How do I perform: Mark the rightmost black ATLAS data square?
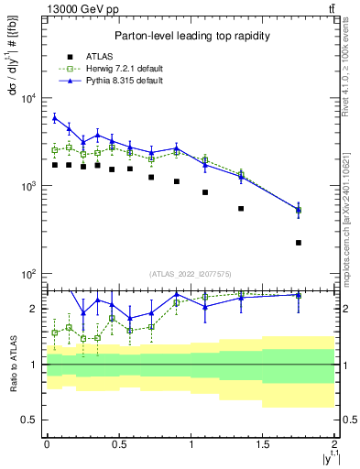pyautogui.click(x=299, y=243)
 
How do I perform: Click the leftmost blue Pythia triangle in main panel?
pyautogui.click(x=55, y=118)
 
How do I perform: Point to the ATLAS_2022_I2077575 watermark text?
pyautogui.click(x=190, y=274)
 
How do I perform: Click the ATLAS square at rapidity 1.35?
pyautogui.click(x=241, y=209)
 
